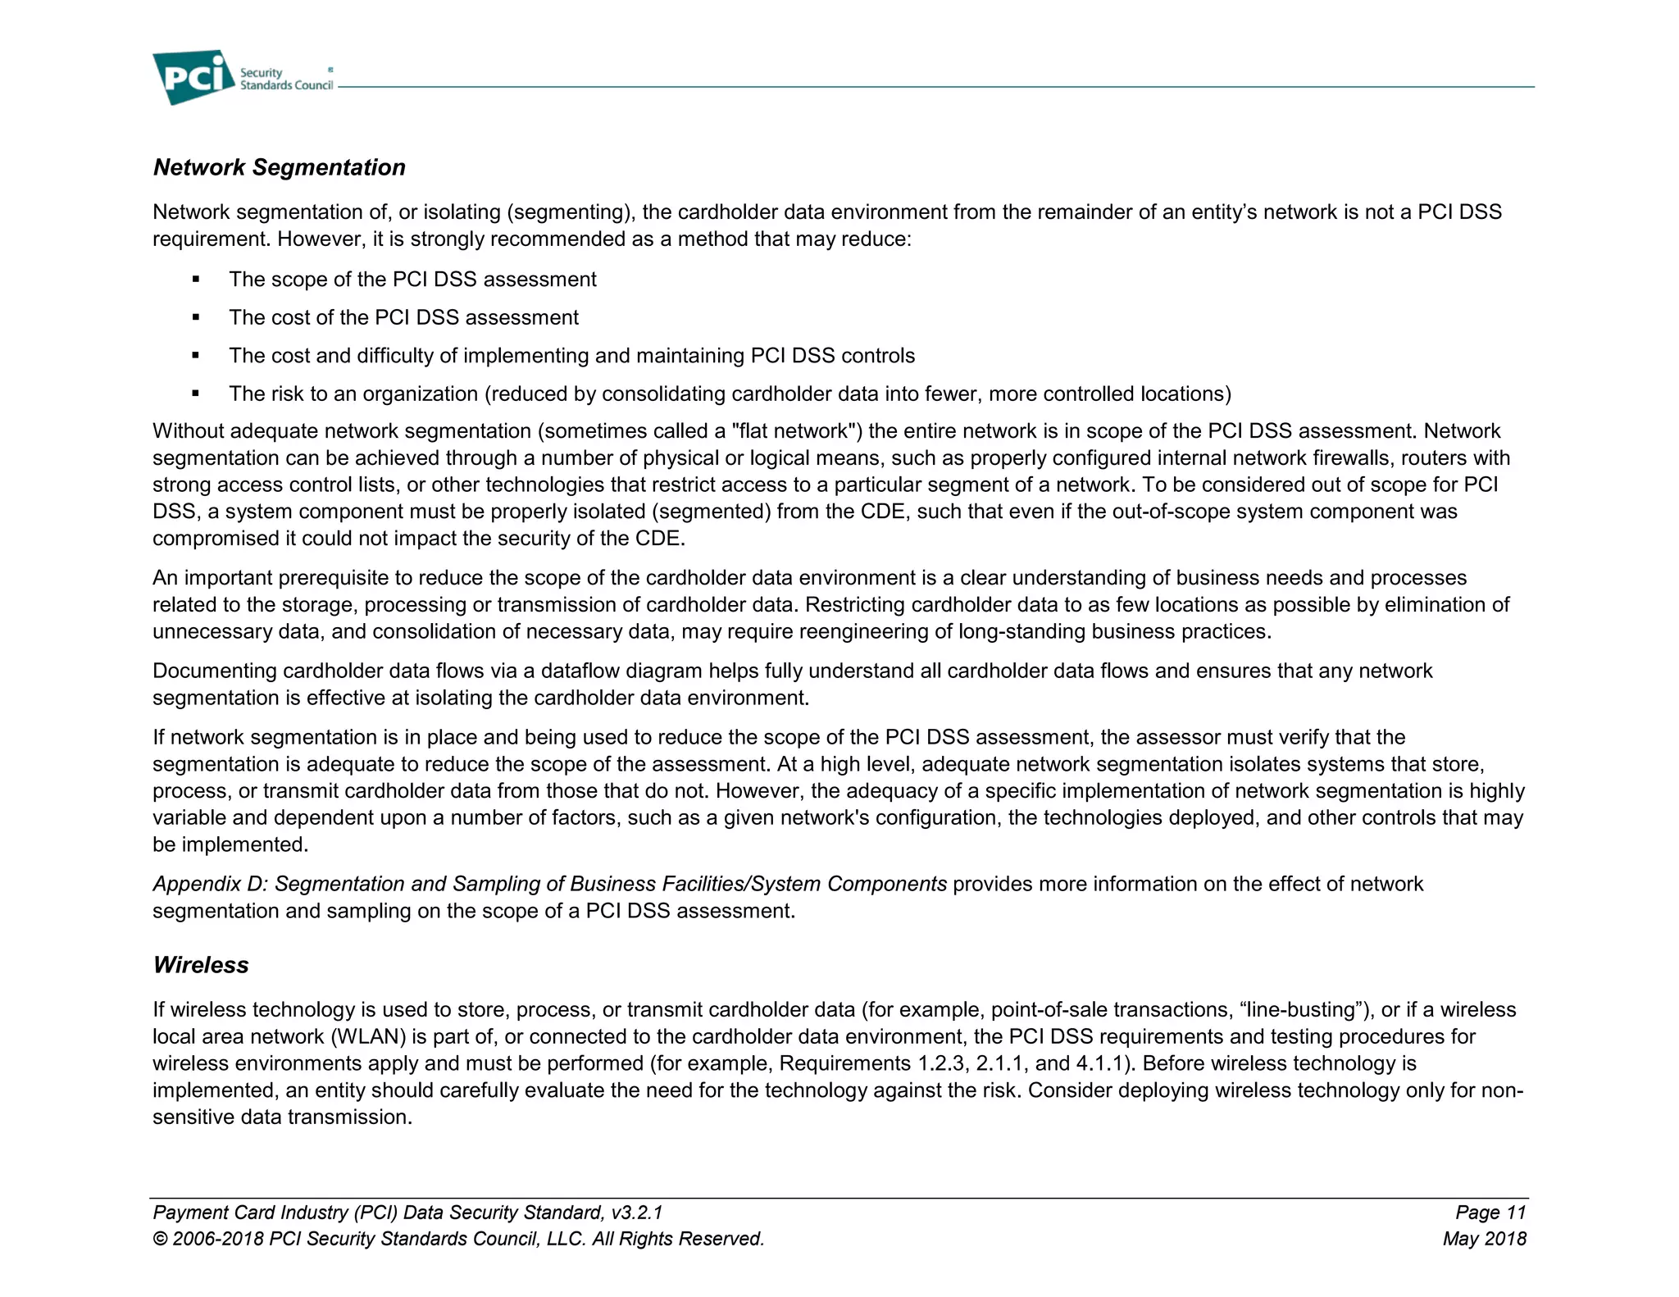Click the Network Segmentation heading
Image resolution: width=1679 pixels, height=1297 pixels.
pos(279,167)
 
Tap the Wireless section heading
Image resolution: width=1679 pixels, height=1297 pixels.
pos(201,965)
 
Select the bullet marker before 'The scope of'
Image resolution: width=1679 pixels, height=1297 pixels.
pos(196,280)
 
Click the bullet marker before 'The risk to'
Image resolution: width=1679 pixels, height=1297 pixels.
pos(196,394)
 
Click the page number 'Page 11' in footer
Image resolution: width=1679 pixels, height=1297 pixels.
pos(1490,1213)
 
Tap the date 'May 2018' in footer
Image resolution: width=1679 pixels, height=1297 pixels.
pos(1484,1239)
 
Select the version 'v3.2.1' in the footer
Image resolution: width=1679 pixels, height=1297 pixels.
pos(636,1213)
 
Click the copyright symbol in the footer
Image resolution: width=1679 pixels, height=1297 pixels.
pos(160,1239)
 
